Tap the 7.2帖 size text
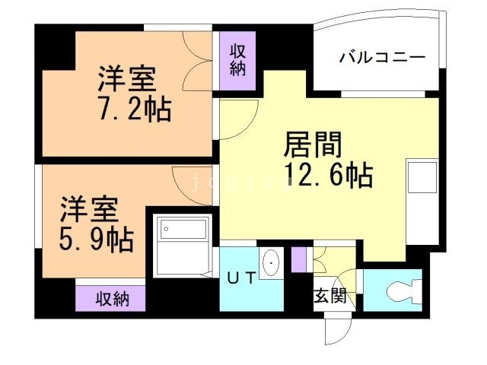click(134, 110)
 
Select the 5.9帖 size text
click(97, 239)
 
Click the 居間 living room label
click(313, 144)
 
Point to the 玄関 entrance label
click(330, 296)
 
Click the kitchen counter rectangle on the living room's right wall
click(421, 179)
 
